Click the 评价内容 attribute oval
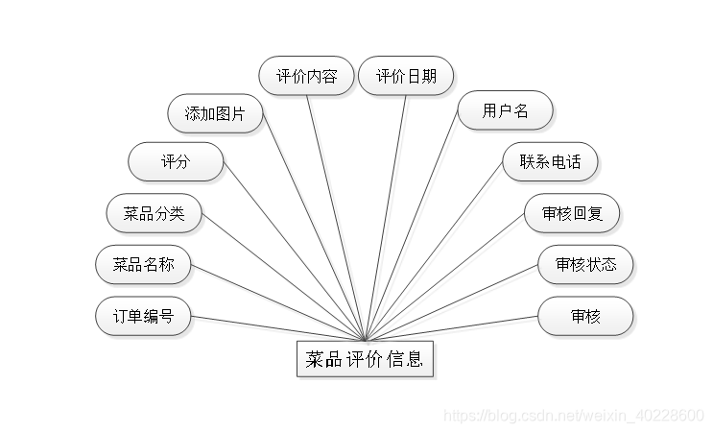(307, 77)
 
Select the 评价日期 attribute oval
(406, 77)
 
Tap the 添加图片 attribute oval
(215, 114)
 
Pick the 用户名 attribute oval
(506, 111)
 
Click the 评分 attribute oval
(176, 162)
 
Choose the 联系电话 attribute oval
(550, 161)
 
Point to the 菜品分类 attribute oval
(154, 213)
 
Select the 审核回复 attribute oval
(573, 213)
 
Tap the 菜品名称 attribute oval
(144, 264)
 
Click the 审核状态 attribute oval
(585, 264)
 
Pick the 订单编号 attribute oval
(143, 316)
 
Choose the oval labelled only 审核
(585, 316)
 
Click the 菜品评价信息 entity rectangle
(365, 360)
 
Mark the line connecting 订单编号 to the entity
(278, 328)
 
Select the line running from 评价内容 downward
(336, 216)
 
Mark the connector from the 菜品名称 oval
(278, 302)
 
